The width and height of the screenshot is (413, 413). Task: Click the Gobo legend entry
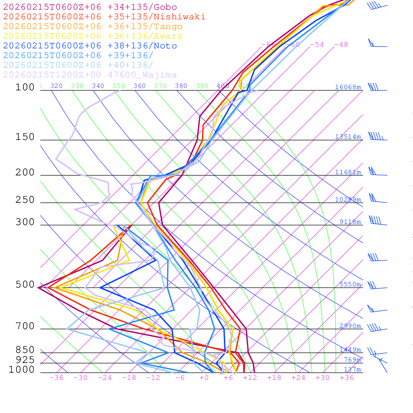[90, 7]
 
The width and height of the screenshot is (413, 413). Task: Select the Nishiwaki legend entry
[104, 17]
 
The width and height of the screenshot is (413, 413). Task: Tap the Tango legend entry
[93, 27]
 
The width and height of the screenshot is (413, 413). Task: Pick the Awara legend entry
[93, 36]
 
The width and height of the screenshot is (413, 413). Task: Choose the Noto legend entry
[90, 46]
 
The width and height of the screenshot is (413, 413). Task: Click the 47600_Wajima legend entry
[90, 75]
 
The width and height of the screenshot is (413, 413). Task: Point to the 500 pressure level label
[25, 285]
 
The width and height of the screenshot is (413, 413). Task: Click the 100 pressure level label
[25, 87]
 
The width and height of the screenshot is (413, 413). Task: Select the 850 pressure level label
[25, 350]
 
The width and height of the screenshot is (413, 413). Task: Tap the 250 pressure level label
[25, 200]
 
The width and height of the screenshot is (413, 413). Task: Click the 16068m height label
[348, 87]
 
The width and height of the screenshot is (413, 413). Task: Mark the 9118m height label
[350, 221]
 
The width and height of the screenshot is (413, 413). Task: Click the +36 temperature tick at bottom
[347, 378]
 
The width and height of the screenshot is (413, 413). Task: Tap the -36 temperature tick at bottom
[56, 378]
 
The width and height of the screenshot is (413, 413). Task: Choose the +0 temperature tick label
[204, 378]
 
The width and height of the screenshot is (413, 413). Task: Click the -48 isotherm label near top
[341, 45]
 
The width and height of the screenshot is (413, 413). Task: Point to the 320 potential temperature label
[56, 86]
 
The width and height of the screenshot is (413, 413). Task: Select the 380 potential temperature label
[181, 86]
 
